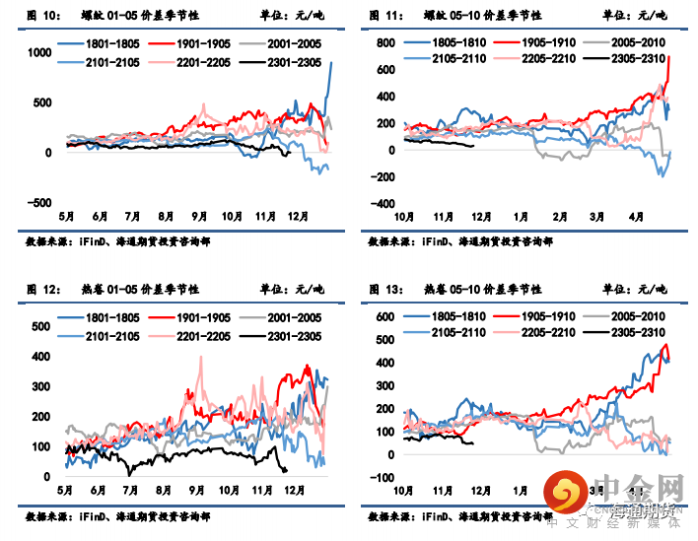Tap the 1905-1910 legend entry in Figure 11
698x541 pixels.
point(534,44)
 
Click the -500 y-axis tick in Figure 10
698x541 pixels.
point(39,203)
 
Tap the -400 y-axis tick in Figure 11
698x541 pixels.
point(381,203)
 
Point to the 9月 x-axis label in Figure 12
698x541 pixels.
point(198,489)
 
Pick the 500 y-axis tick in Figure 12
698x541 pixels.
point(42,326)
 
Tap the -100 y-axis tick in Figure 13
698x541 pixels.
point(382,477)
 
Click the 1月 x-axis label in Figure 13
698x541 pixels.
point(521,489)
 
